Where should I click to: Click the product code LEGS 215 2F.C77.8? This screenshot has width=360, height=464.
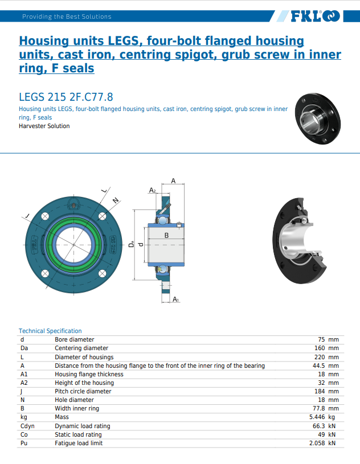(x=66, y=96)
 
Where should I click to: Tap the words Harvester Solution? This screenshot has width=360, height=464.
(x=44, y=126)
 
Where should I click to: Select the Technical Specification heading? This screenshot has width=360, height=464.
(x=50, y=331)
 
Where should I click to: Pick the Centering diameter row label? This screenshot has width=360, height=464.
(x=81, y=348)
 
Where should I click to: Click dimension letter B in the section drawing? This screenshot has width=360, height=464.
(x=166, y=235)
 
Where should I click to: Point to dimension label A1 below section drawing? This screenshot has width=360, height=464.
(x=176, y=299)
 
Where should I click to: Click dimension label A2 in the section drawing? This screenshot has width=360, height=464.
(x=152, y=190)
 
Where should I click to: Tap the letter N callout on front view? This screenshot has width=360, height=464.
(x=116, y=200)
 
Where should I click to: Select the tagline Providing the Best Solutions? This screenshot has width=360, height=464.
(x=67, y=17)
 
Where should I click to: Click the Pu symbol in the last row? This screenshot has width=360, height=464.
(x=24, y=443)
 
